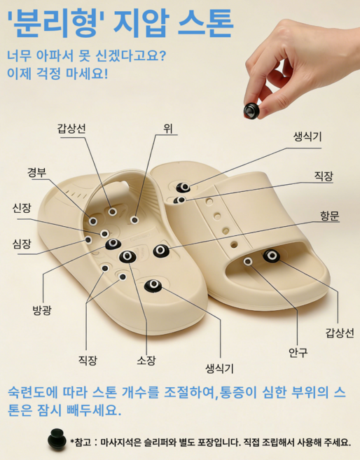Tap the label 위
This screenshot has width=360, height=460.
[x=168, y=128]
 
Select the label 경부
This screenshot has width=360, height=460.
[x=37, y=173]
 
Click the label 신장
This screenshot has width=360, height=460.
[x=22, y=208]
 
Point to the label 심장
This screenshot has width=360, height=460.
[x=22, y=244]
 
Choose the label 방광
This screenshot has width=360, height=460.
[x=41, y=309]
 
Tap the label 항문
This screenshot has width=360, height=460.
[x=329, y=216]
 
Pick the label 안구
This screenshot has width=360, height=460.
[x=298, y=352]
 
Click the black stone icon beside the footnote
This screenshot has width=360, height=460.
[x=56, y=439]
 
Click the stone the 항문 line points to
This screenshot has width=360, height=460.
[x=161, y=250]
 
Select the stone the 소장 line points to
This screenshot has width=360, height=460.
[x=127, y=256]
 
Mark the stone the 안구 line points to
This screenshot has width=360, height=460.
[x=247, y=261]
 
